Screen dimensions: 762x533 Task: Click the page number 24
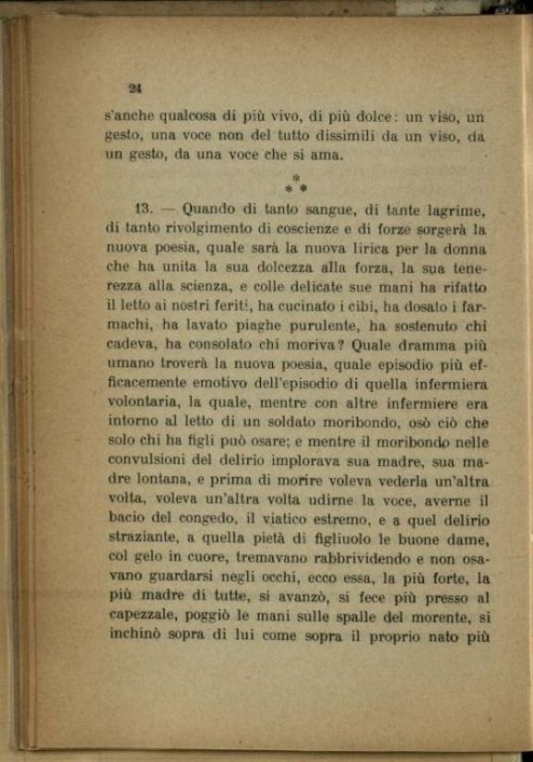(134, 88)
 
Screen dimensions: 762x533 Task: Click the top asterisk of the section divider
(295, 178)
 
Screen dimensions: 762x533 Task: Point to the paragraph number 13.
(144, 210)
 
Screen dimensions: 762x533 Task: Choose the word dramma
(420, 346)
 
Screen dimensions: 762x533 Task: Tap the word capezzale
(143, 617)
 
